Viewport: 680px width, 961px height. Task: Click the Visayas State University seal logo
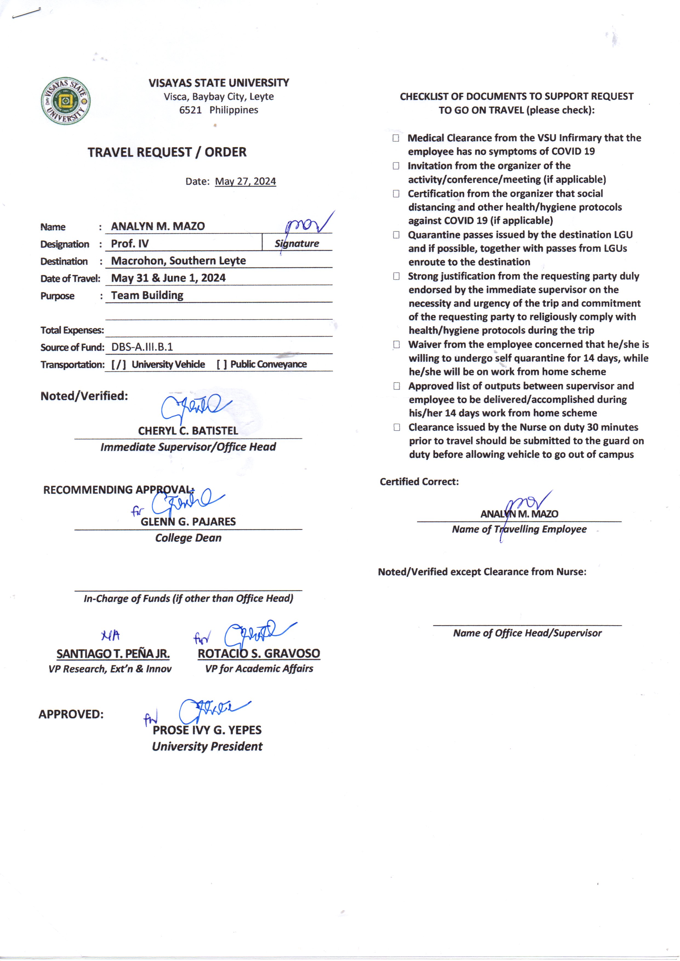(x=66, y=101)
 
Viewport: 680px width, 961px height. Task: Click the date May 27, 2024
(x=245, y=181)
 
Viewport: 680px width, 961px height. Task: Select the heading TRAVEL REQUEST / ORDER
(x=167, y=152)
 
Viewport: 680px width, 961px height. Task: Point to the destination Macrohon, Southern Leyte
(x=178, y=261)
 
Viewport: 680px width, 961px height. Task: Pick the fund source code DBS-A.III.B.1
(x=142, y=347)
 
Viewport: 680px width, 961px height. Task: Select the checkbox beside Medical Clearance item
(x=396, y=138)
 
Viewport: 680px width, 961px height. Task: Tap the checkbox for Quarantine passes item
(x=396, y=235)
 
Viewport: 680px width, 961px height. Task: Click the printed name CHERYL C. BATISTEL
(x=188, y=431)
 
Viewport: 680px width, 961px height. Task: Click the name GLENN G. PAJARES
(x=188, y=522)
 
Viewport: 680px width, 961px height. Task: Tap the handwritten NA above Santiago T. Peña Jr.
(x=110, y=636)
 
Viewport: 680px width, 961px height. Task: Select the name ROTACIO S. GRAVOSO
(x=259, y=654)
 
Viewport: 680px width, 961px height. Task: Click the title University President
(x=207, y=747)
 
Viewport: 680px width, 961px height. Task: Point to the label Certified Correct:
(x=419, y=482)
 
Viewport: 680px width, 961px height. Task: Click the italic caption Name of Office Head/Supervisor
(x=527, y=633)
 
